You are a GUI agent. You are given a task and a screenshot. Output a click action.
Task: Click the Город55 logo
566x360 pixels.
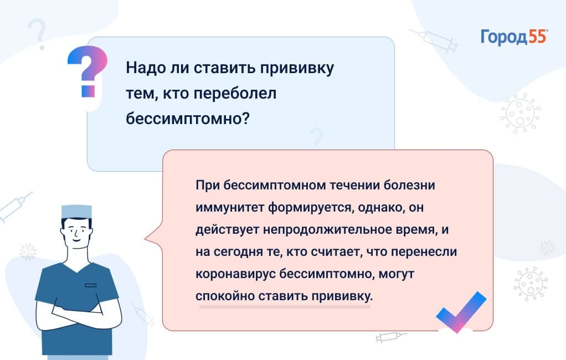click(x=514, y=37)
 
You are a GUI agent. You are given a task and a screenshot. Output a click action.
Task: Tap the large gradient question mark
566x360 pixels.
click(x=88, y=71)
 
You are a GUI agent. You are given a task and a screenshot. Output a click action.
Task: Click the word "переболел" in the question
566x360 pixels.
click(x=235, y=94)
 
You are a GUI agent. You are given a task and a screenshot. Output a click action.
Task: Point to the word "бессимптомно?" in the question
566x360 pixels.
click(x=188, y=119)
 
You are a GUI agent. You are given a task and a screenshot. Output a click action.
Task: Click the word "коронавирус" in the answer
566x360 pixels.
click(x=235, y=274)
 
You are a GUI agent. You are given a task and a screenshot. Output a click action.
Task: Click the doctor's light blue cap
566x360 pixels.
click(x=76, y=212)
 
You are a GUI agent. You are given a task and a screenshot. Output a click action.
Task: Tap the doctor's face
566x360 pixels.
click(x=76, y=233)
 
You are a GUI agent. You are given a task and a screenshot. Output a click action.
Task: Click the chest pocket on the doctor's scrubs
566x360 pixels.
click(x=91, y=285)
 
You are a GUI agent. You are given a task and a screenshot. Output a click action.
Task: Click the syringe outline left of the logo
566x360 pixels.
click(x=434, y=40)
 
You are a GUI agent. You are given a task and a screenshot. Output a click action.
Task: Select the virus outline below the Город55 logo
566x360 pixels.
click(x=520, y=113)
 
